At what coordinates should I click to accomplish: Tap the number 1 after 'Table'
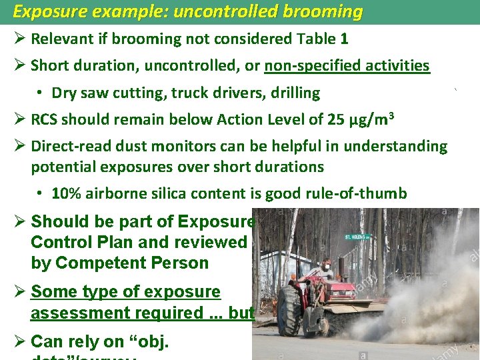click(x=344, y=39)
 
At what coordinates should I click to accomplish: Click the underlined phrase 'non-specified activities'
click(x=347, y=66)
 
